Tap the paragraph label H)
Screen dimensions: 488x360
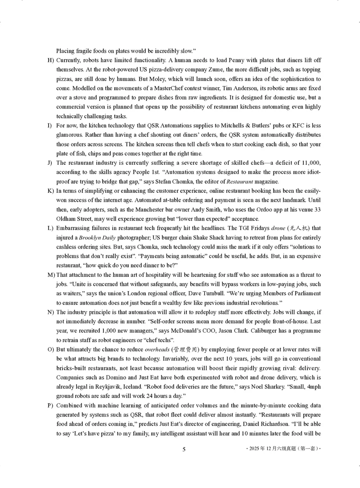50,60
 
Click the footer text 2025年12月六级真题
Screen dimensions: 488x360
279,449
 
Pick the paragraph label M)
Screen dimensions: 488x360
50,275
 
